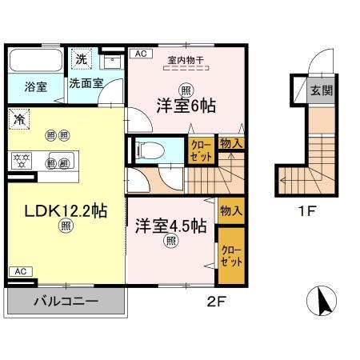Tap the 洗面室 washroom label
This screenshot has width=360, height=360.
tap(84, 82)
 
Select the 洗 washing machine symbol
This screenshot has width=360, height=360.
tap(80, 58)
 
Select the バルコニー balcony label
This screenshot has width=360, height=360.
tap(66, 302)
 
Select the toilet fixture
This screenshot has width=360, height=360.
tap(148, 149)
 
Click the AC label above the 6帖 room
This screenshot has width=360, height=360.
tap(139, 54)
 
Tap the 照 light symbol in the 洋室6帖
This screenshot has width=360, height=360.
tap(185, 89)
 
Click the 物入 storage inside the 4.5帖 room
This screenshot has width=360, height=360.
tap(231, 211)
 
